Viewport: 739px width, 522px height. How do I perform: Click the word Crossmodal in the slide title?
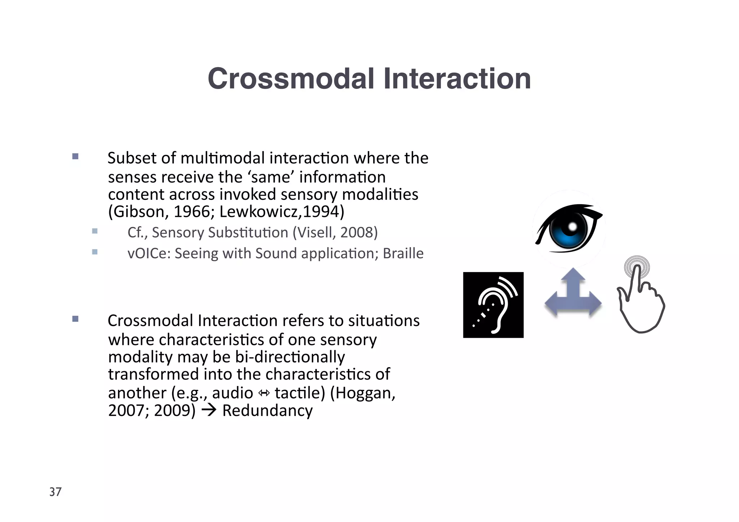(291, 79)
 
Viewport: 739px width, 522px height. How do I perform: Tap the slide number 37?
(56, 492)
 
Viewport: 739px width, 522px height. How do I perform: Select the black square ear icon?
(493, 305)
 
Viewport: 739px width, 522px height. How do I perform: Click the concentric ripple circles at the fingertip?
(637, 267)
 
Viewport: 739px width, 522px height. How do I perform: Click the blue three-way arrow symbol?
(573, 294)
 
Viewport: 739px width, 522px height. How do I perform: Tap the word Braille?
(403, 253)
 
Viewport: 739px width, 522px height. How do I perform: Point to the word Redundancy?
(267, 411)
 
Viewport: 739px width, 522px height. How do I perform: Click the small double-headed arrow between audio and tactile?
(264, 393)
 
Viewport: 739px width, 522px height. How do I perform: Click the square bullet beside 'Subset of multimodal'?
(75, 156)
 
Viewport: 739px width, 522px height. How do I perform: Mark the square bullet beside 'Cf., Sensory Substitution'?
(95, 231)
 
